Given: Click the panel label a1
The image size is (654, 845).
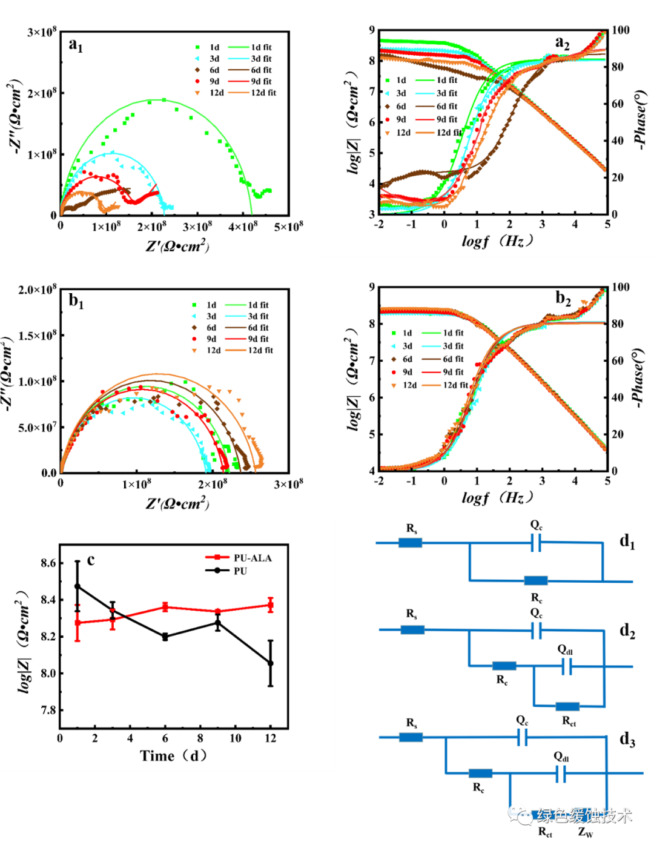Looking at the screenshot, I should click(76, 45).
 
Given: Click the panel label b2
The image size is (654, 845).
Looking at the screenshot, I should click(563, 298).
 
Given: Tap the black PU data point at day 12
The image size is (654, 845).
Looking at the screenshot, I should click(271, 663).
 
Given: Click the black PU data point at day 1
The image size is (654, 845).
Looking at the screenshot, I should click(77, 586).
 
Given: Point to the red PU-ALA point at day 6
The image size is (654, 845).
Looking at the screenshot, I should click(165, 607).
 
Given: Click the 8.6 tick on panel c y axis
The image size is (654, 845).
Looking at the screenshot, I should click(48, 563).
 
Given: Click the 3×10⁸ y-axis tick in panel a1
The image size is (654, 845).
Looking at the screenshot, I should click(41, 31).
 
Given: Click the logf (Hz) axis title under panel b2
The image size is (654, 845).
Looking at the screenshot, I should click(497, 498).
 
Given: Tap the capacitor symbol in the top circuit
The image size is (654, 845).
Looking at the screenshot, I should click(535, 543).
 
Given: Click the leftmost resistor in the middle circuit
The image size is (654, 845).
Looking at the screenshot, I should click(412, 630).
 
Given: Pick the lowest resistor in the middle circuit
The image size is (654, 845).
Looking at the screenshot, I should click(567, 706).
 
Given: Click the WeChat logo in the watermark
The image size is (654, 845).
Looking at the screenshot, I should click(520, 814).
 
